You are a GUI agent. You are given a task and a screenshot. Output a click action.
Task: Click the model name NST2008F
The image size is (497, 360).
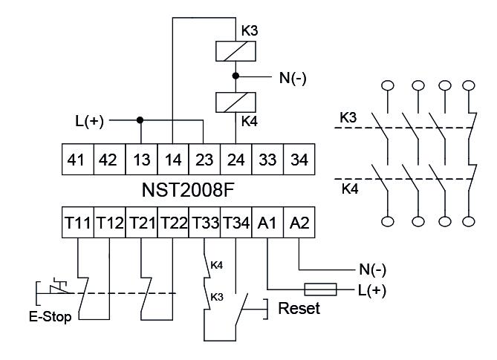(x=187, y=190)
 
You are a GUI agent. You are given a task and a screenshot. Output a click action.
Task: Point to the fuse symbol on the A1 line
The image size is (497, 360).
(x=322, y=289)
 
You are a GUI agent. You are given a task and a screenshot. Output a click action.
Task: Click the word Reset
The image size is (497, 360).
(x=298, y=308)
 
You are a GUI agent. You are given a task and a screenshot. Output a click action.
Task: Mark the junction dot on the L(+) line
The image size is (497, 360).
(x=140, y=119)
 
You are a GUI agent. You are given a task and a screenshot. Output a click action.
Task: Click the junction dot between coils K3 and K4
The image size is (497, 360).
(x=235, y=76)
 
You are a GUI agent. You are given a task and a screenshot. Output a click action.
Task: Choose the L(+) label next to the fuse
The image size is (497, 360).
(x=371, y=290)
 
